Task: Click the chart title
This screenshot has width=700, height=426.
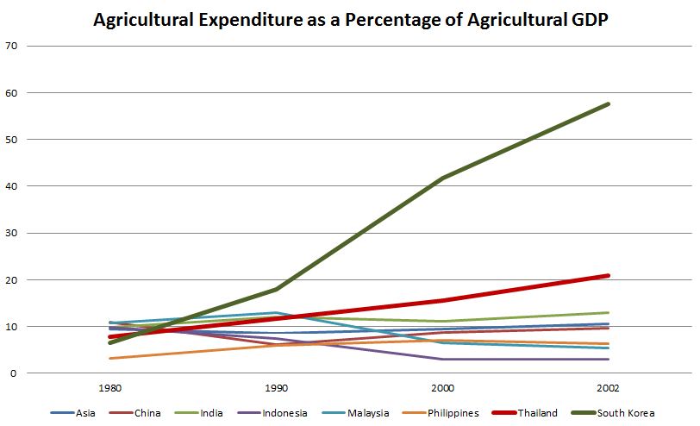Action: (x=351, y=20)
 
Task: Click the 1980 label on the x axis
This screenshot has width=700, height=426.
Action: (x=110, y=388)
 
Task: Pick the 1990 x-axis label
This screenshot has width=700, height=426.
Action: (x=277, y=388)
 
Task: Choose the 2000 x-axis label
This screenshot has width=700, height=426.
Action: (x=443, y=388)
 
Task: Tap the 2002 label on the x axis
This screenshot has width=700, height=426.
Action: (x=609, y=388)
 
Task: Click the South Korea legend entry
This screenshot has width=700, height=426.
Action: (x=626, y=413)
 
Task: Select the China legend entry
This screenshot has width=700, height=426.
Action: (x=147, y=413)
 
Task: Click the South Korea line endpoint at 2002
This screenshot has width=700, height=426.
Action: (x=609, y=104)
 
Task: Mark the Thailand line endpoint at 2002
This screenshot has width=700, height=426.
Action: (x=609, y=276)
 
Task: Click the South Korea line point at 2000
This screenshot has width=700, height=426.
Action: (x=443, y=179)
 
